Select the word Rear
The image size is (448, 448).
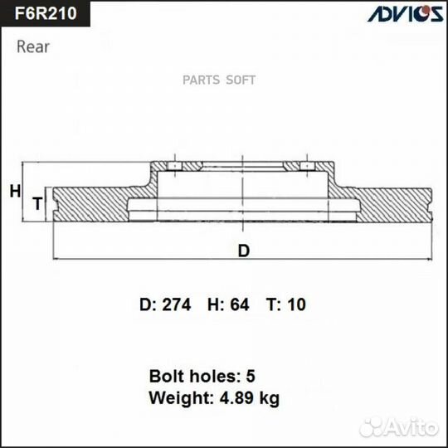[x=33, y=46]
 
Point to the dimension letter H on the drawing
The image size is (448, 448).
[x=14, y=192]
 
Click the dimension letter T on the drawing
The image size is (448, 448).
[x=37, y=203]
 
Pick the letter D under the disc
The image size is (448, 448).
[x=243, y=251]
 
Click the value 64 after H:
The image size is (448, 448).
[x=239, y=305]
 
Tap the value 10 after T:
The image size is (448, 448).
[x=296, y=305]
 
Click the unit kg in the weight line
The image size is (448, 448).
[x=269, y=399]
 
